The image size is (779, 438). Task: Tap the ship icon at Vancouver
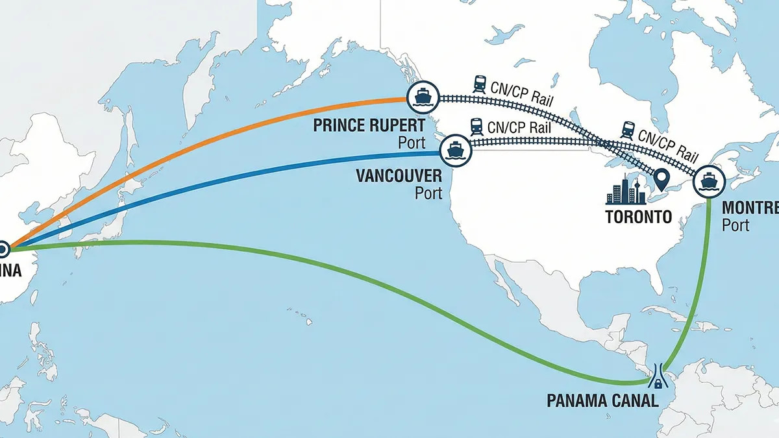coord(454,151)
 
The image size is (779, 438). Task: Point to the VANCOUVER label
coord(399,176)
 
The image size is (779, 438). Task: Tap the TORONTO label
coord(638,217)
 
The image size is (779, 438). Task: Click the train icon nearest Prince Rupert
coord(480,83)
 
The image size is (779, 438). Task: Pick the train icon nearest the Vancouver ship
coord(476,125)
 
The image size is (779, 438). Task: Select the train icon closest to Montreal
coord(628,129)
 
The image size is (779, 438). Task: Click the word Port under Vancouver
coord(428,193)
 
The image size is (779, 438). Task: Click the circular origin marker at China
coord(2,248)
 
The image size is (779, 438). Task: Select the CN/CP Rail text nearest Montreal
coord(669,145)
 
